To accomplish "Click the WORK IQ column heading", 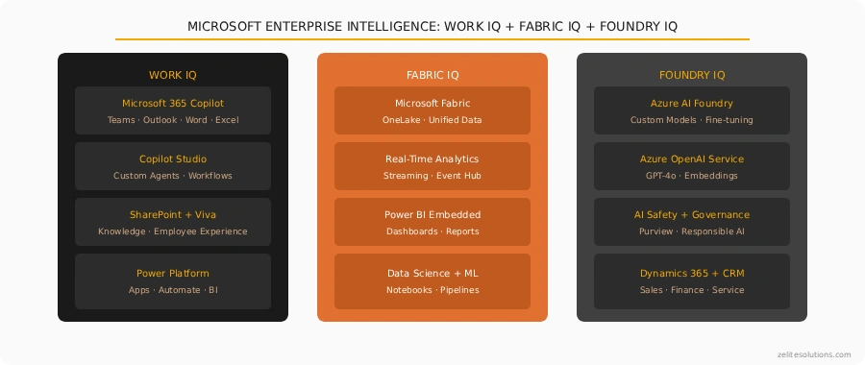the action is point(173,75).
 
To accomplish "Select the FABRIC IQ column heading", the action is point(432,75).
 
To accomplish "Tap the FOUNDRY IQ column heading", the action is point(692,75).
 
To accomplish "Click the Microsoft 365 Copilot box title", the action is point(173,103).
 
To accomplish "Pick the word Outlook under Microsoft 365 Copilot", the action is point(160,120).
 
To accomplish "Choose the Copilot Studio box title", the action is point(173,158).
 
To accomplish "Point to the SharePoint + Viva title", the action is point(173,214).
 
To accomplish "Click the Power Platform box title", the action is point(173,273).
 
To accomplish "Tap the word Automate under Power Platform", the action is point(180,289).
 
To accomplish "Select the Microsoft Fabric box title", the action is point(432,103).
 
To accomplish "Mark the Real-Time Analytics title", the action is point(432,158).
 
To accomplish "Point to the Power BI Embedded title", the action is point(432,214).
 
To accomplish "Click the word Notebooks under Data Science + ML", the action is point(409,289).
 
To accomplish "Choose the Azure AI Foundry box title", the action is point(692,103).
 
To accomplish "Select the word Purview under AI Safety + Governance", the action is point(655,231).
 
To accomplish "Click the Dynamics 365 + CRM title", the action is point(692,273).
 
